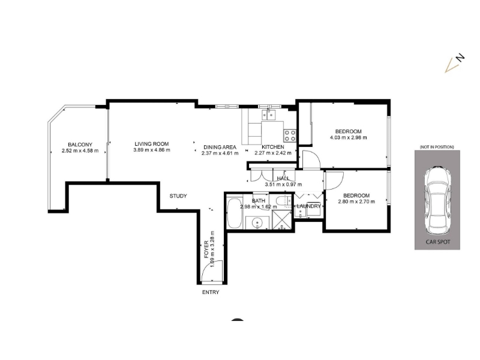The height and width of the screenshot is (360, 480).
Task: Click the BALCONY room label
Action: (x=80, y=145)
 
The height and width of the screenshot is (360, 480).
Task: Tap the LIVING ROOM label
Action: (x=152, y=144)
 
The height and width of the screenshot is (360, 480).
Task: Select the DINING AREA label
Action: (x=220, y=147)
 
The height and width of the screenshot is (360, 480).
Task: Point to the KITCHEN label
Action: (x=273, y=147)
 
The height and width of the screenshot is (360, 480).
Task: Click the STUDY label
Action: (x=178, y=196)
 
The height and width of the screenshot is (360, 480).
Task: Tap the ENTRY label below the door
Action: (x=211, y=292)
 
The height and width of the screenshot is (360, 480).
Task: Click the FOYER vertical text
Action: (x=206, y=249)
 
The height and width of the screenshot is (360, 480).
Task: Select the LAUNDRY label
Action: (x=308, y=206)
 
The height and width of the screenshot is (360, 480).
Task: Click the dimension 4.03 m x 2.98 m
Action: (x=348, y=138)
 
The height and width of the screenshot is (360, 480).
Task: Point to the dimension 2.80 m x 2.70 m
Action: (x=356, y=202)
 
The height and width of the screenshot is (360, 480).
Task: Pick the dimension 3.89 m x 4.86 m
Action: (x=152, y=150)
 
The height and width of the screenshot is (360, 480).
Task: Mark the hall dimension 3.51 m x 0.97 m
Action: (x=283, y=185)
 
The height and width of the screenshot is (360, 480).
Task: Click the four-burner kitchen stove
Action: (x=290, y=136)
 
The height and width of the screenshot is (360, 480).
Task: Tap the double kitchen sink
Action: (x=268, y=115)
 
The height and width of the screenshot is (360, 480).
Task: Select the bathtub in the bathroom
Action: (x=234, y=214)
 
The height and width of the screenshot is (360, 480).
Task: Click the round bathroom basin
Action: (x=257, y=223)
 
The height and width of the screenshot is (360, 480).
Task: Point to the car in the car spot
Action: (x=437, y=200)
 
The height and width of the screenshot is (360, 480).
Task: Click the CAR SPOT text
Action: (x=438, y=242)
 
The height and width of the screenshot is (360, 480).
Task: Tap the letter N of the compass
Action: (x=460, y=57)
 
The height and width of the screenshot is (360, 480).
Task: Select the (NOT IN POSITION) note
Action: (x=437, y=147)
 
